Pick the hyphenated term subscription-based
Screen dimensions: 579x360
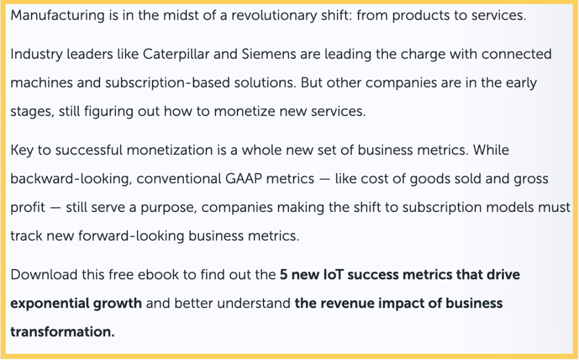pyautogui.click(x=167, y=83)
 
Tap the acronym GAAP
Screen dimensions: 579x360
pyautogui.click(x=244, y=179)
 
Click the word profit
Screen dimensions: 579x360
pyautogui.click(x=28, y=207)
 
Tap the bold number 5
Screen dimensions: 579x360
pyautogui.click(x=284, y=275)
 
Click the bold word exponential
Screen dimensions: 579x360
pyautogui.click(x=50, y=303)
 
